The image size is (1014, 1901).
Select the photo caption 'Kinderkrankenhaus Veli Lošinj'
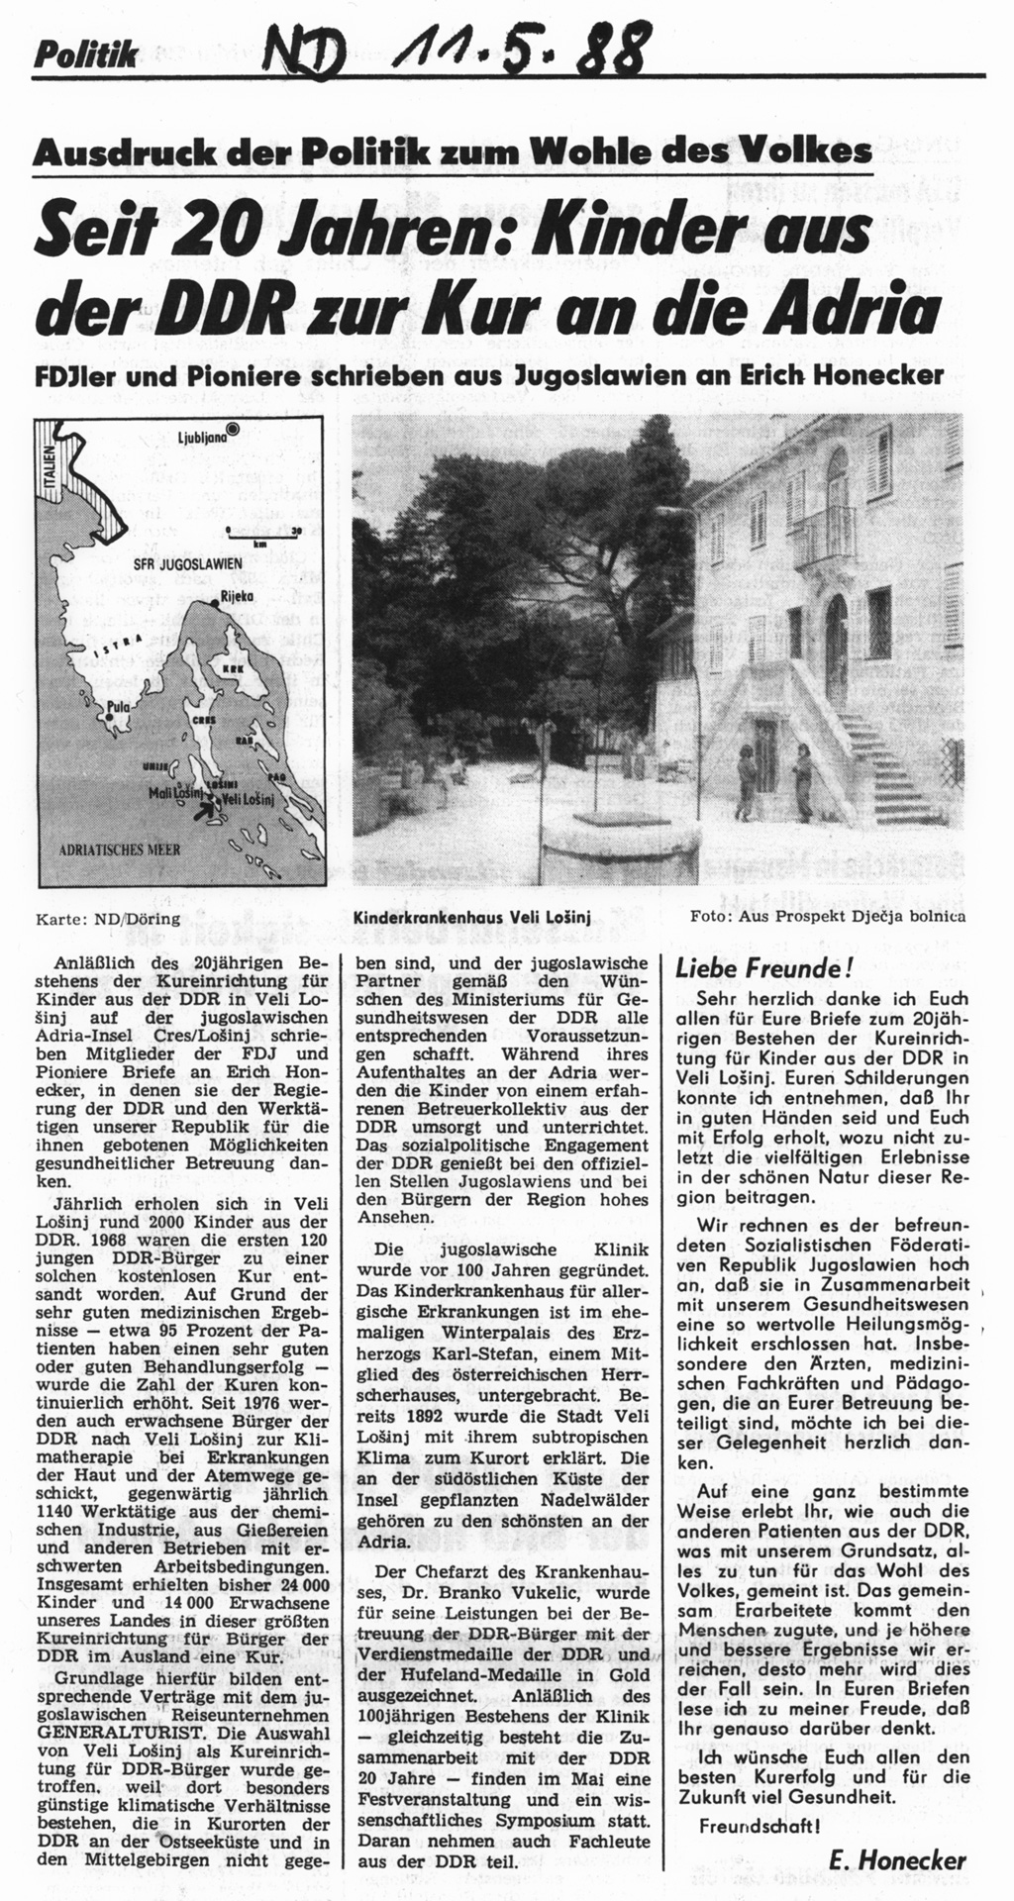(x=471, y=918)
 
